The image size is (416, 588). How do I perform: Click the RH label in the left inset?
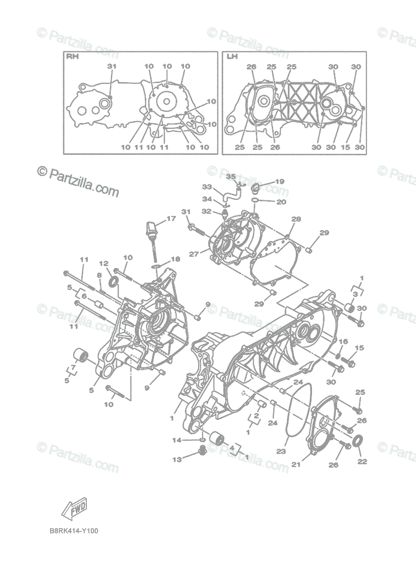[72, 56]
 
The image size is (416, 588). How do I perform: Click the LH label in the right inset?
[231, 56]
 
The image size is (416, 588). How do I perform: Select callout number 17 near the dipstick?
[171, 219]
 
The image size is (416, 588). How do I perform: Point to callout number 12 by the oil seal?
[104, 263]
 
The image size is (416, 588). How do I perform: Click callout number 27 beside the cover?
[194, 254]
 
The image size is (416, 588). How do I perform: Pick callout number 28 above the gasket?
[296, 219]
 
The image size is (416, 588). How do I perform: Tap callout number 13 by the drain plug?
[177, 460]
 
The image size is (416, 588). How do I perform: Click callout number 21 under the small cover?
[296, 465]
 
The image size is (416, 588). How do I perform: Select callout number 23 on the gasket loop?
[281, 451]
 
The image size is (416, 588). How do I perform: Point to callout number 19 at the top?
[280, 181]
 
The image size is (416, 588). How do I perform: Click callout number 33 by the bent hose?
[207, 187]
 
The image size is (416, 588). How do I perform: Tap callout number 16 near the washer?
[343, 342]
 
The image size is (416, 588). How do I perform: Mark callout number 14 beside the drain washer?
[177, 440]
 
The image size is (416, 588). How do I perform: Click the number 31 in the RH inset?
[111, 67]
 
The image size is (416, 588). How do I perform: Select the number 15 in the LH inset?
[345, 147]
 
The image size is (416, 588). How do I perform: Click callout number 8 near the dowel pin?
[99, 275]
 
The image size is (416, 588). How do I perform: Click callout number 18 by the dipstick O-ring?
[176, 259]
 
